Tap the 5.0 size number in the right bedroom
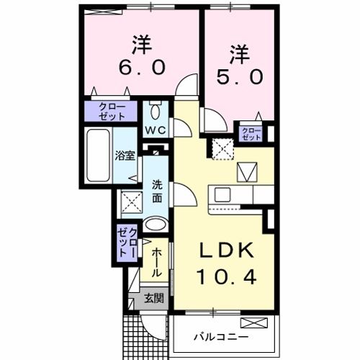click(238, 75)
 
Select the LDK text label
click(225, 251)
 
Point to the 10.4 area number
click(226, 276)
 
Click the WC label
click(156, 130)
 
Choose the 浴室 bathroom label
click(125, 156)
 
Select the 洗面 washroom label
click(157, 189)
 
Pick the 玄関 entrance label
click(152, 297)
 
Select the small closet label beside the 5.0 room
click(251, 132)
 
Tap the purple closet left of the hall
click(127, 242)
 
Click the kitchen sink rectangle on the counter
click(221, 194)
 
